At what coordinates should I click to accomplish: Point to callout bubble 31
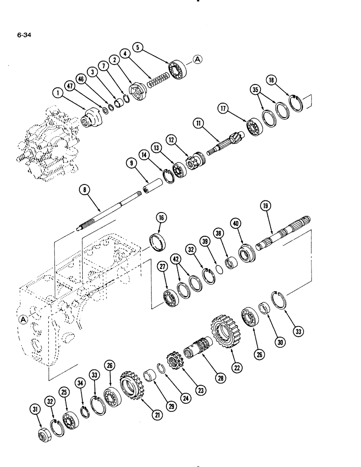pos(34,410)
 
